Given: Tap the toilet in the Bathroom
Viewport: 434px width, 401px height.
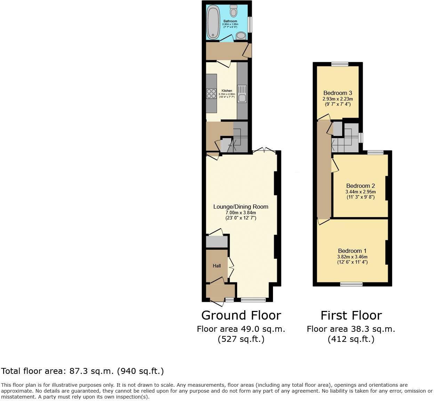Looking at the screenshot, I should click(233, 11).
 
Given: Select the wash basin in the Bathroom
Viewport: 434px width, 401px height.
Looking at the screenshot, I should click(241, 35).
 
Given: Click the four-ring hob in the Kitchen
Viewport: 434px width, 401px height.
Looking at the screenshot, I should click(211, 94).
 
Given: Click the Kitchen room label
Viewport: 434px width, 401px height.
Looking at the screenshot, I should click(227, 91).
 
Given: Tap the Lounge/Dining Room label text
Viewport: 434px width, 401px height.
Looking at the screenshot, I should click(241, 207).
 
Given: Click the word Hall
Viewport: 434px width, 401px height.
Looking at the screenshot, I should click(217, 266).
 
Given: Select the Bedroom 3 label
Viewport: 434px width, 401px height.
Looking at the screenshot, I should click(338, 93).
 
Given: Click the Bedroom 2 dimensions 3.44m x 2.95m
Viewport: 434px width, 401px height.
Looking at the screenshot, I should click(361, 192).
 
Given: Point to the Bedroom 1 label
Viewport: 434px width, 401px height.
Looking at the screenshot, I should click(352, 251).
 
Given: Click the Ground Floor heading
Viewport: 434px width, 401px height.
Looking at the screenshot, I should click(241, 315).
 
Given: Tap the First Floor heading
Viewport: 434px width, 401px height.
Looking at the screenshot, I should click(351, 315).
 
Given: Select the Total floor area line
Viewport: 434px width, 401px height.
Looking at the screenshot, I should click(82, 371).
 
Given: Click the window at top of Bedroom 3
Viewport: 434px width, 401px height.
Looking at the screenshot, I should click(340, 64).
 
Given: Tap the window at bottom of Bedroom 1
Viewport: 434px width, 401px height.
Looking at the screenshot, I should click(351, 284).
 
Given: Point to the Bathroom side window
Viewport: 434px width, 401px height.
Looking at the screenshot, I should click(249, 25).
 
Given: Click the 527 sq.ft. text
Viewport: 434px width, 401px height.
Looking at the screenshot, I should click(241, 339).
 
